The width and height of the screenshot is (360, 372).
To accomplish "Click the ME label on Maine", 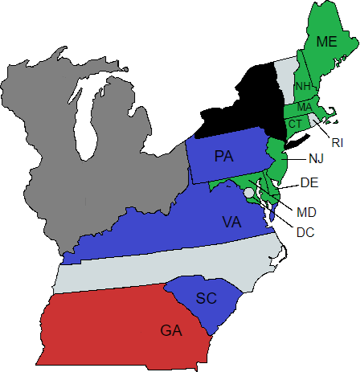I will [x=326, y=41].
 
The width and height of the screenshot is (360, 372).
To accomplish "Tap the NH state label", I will [x=303, y=86].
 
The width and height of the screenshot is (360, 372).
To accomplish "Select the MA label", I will [x=305, y=107].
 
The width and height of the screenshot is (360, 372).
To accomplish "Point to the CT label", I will [x=295, y=123].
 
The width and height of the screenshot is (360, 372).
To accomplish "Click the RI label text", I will [x=337, y=142].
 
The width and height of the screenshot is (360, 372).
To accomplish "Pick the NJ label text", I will [x=316, y=158].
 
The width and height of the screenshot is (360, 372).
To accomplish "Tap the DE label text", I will [x=309, y=183].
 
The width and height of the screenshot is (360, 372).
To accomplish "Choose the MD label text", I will [x=306, y=212].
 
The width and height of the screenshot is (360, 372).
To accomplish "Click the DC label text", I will [x=305, y=232].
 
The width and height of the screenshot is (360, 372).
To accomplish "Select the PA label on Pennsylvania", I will [x=224, y=157].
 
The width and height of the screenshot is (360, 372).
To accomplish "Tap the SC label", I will [x=207, y=299].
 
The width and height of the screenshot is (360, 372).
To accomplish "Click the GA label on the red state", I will [x=171, y=329].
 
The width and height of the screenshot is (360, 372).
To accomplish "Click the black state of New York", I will [x=249, y=104].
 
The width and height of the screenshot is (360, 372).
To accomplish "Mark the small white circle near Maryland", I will [x=249, y=193].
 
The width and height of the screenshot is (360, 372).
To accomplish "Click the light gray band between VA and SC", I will [x=161, y=269].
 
